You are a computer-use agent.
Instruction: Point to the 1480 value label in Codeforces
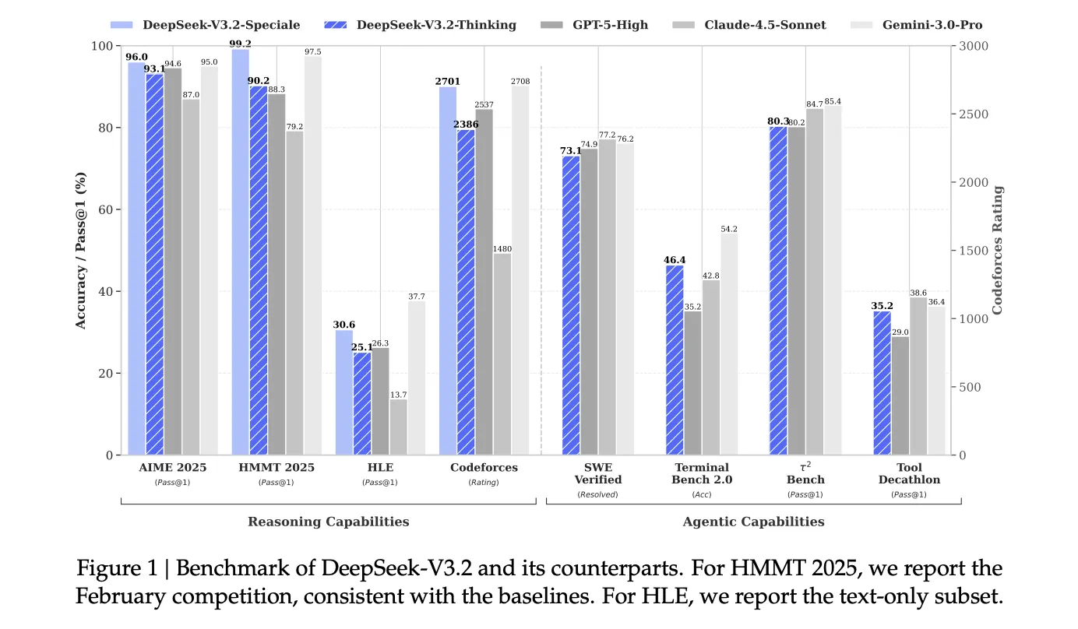(502, 249)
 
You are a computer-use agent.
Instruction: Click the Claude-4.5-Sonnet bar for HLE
(398, 427)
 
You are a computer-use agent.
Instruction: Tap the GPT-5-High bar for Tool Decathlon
(900, 395)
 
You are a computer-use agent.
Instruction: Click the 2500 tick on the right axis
(973, 114)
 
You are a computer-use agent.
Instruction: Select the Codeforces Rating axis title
(998, 250)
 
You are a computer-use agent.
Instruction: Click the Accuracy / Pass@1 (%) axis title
(81, 250)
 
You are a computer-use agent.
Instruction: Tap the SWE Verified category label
(597, 473)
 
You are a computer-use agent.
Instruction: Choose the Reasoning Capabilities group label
(328, 522)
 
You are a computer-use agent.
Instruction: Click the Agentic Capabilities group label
(753, 522)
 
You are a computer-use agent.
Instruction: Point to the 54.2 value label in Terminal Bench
(729, 229)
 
